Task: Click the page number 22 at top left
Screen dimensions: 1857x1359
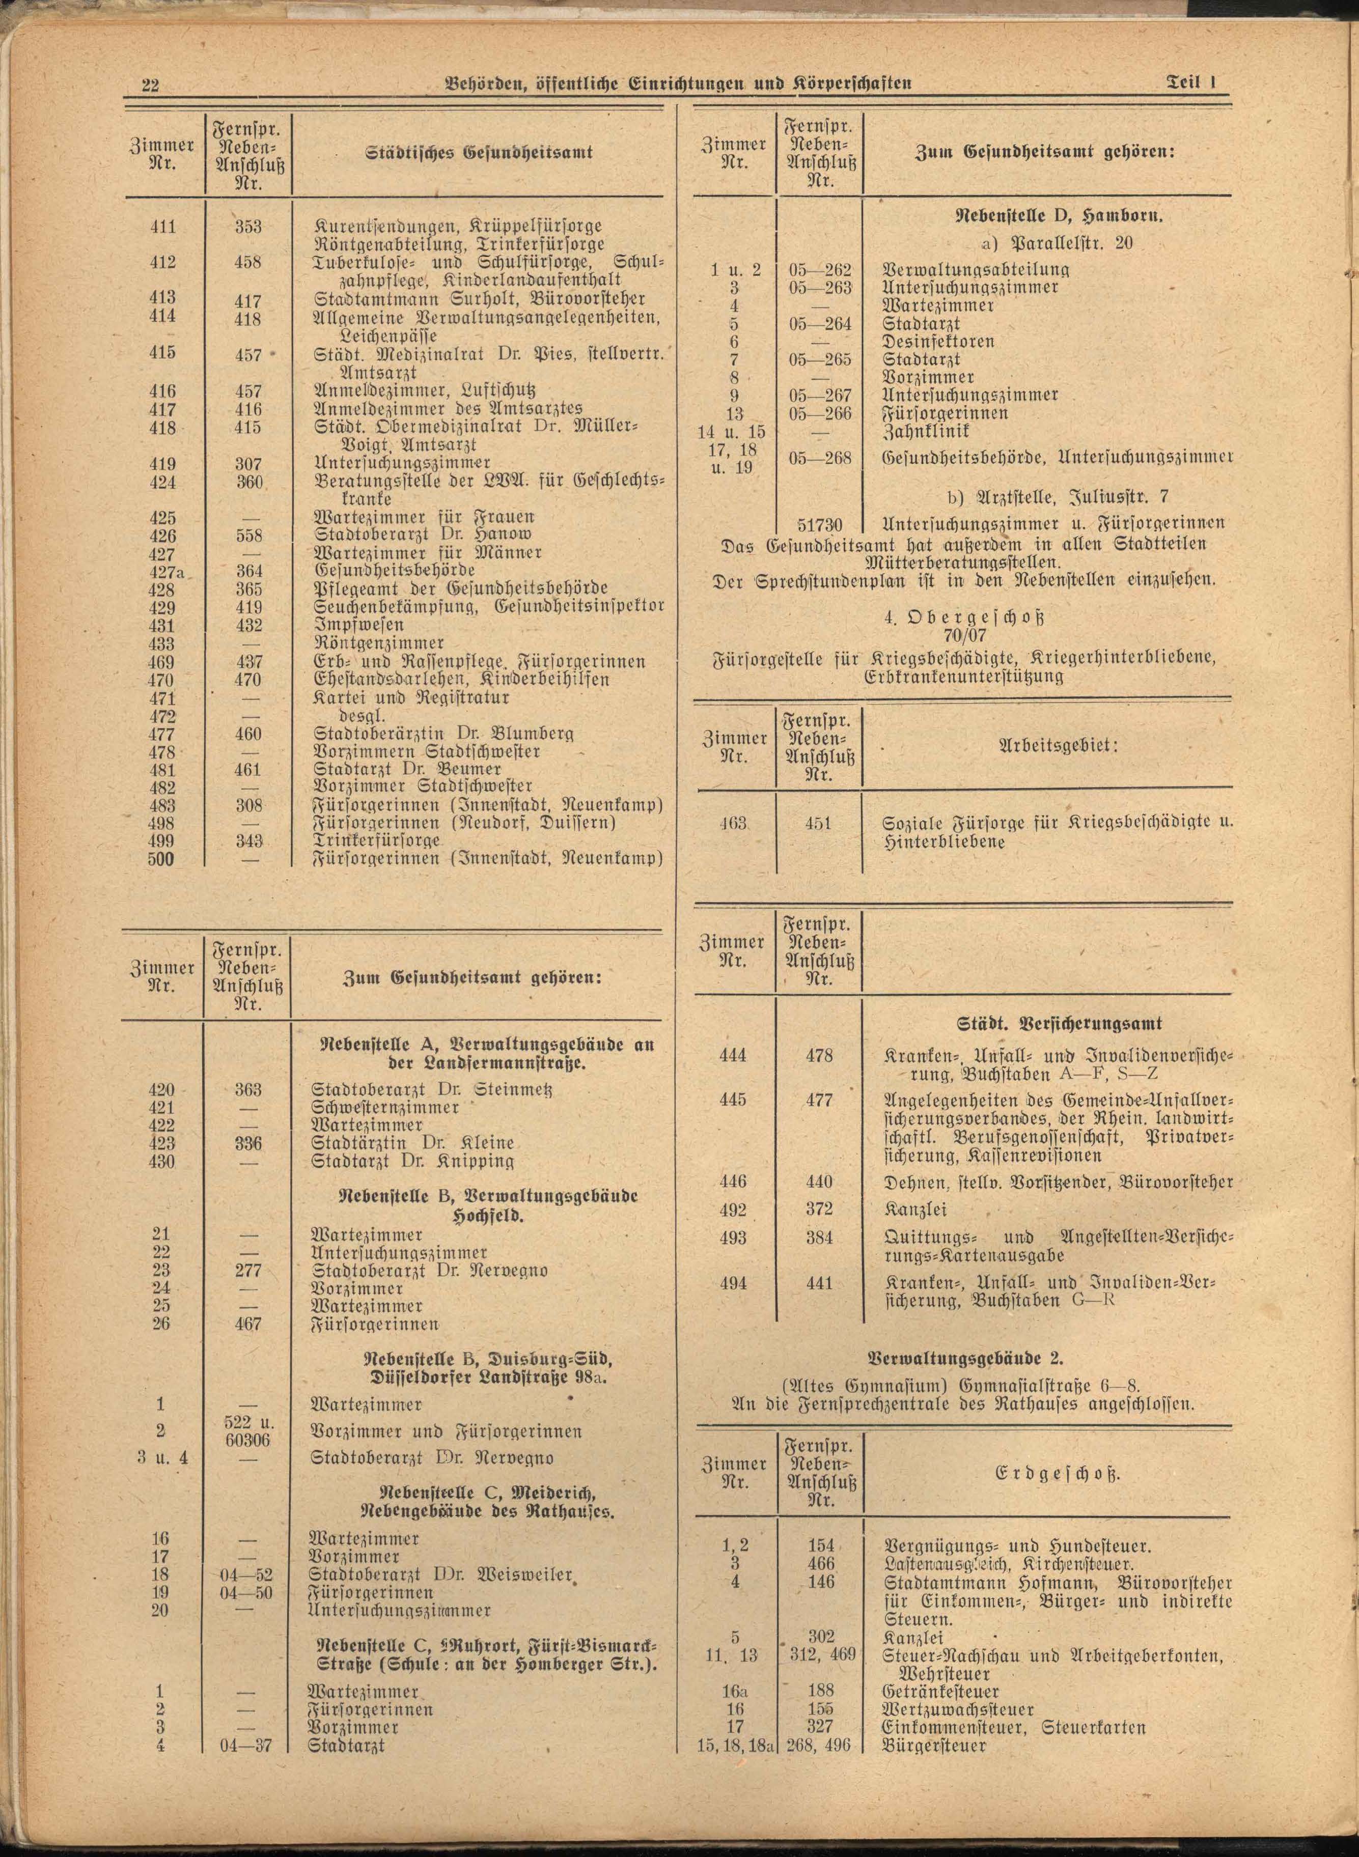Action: coord(151,86)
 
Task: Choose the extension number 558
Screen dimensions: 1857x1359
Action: coord(248,536)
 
